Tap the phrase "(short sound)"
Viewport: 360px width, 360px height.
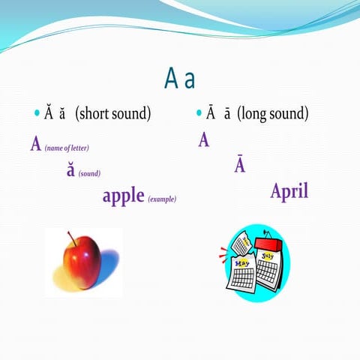[x=113, y=114]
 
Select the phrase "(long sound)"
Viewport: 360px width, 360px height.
[x=272, y=114]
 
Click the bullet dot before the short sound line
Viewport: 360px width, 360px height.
[x=37, y=114]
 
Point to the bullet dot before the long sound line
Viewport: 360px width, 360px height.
[x=199, y=114]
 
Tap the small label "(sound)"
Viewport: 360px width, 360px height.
[x=89, y=173]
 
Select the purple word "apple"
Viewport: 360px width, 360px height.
[x=123, y=196]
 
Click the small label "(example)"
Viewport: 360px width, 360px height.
[x=162, y=199]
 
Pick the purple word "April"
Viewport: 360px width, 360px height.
[x=289, y=191]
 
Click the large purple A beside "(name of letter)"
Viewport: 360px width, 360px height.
[x=35, y=145]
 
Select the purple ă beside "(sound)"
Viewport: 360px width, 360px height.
[x=70, y=170]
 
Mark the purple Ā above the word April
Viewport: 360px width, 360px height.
[x=240, y=165]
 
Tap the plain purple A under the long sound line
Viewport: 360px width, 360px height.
[x=204, y=140]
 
